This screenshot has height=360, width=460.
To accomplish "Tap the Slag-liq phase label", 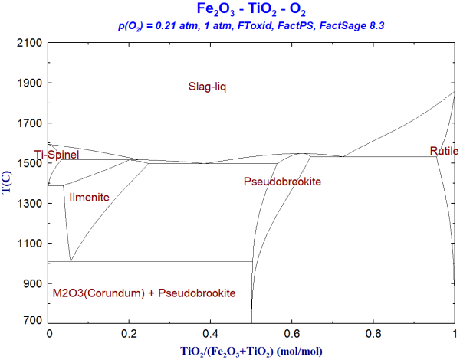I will point(208,87).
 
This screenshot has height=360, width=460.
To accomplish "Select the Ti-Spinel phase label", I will point(59,155).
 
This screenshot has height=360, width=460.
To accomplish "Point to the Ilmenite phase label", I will point(90,198).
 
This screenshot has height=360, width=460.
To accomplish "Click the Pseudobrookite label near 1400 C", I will point(282,182).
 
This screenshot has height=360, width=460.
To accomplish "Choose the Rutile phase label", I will point(444,152).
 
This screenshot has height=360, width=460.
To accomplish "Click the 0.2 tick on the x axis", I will point(130,335).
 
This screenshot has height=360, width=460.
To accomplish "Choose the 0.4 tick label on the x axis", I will point(212,335).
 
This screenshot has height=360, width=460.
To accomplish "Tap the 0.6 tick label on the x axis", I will point(293,335).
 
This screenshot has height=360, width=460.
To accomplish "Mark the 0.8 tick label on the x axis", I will point(374,335).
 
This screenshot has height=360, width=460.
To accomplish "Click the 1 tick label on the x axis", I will point(455,335).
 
